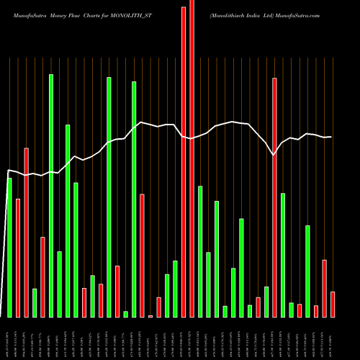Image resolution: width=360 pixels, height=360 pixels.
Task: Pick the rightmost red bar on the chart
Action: tap(333, 304)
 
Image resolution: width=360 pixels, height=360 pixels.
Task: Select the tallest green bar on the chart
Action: tap(51, 195)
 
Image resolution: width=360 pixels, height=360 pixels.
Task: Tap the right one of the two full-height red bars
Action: tap(192, 158)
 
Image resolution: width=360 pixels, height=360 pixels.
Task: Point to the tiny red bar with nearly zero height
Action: tap(150, 316)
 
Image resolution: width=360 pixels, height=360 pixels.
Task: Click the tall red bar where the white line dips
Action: tap(274, 197)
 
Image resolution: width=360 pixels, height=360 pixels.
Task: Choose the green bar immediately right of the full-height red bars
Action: tap(200, 251)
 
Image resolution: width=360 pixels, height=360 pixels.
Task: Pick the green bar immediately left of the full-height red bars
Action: tap(175, 289)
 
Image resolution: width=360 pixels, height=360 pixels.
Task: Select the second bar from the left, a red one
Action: tap(18, 258)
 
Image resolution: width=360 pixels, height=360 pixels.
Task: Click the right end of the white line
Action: tap(331, 137)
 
